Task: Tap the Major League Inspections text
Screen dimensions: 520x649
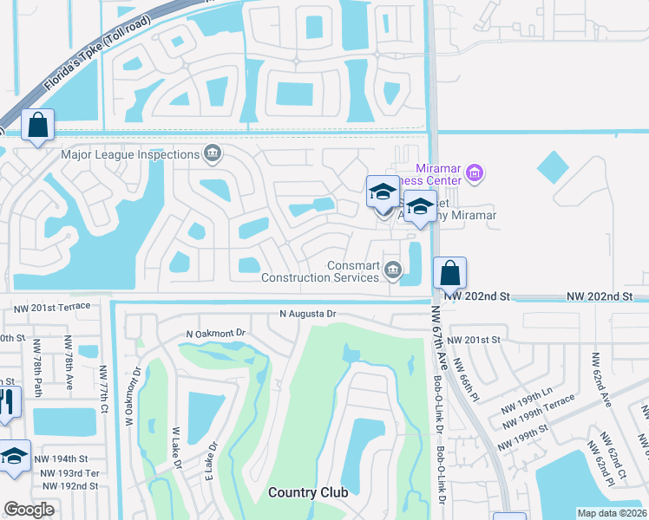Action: [131, 155]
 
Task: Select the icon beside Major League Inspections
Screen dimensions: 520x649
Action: [212, 155]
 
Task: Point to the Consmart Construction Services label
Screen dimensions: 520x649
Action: [321, 271]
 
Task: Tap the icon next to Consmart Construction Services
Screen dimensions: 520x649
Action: [393, 272]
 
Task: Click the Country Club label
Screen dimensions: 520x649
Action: [308, 492]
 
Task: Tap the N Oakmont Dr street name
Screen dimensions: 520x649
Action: [217, 333]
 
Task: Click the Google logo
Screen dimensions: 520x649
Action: [29, 510]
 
